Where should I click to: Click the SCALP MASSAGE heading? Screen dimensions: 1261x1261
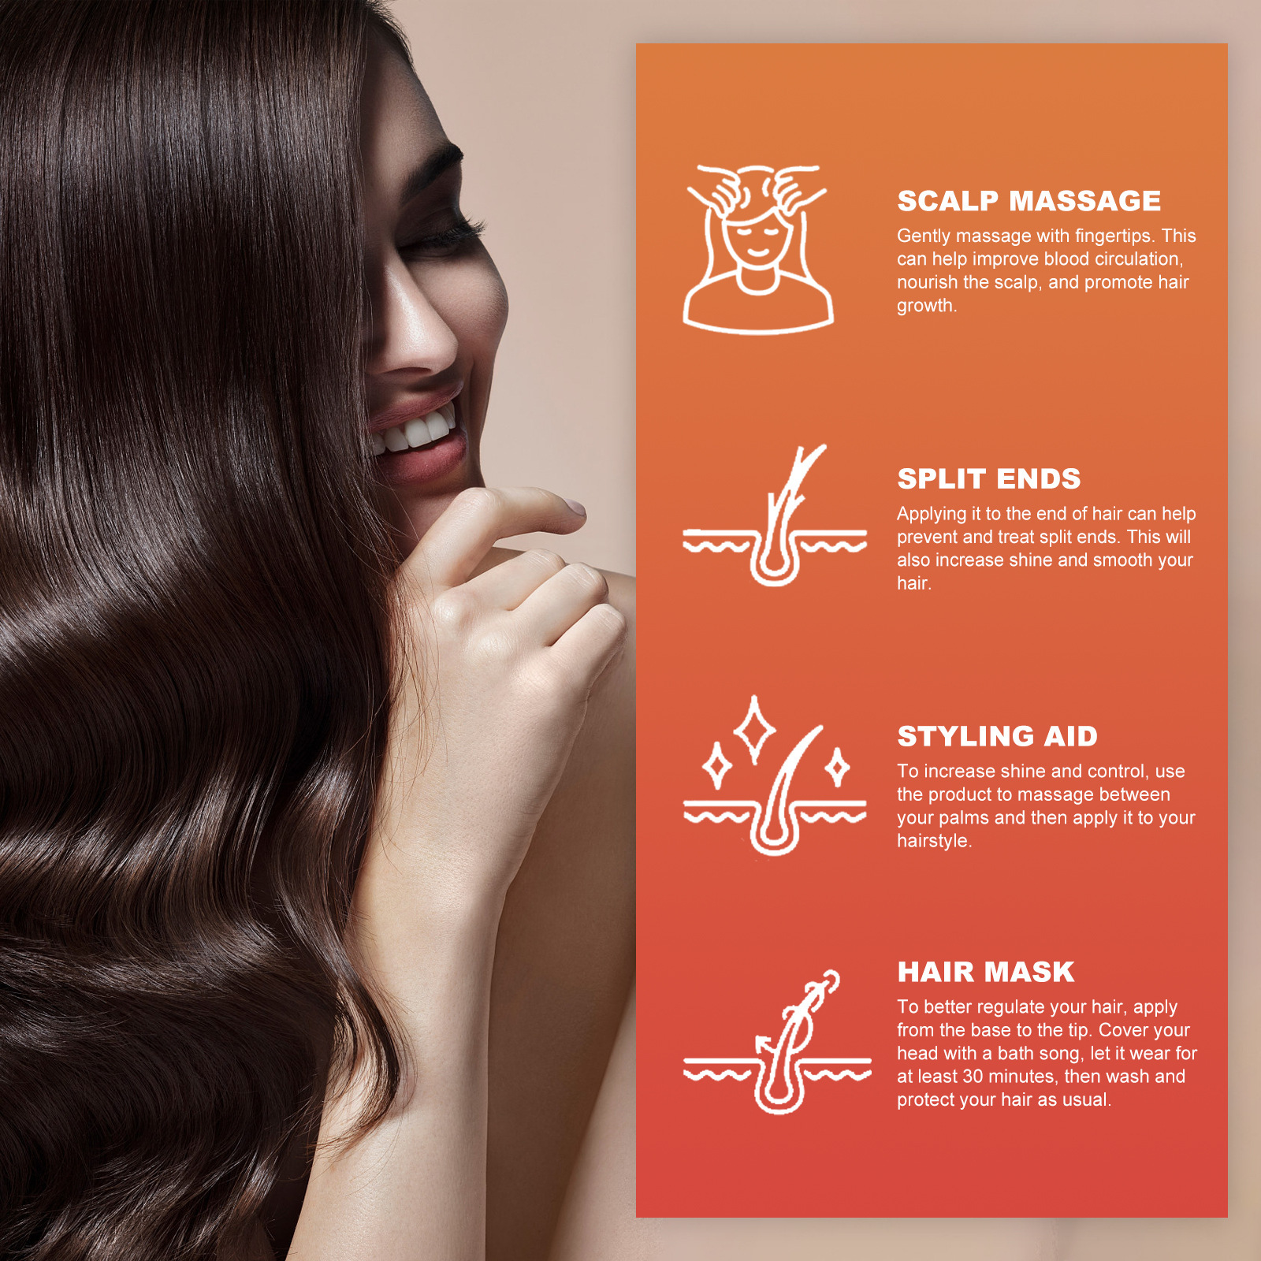tap(1029, 201)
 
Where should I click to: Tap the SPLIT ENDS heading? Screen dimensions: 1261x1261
tap(988, 479)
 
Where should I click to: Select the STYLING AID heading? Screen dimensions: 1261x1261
tap(997, 737)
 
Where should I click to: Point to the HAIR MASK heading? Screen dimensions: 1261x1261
tap(985, 973)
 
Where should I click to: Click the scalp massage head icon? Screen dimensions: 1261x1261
tap(757, 249)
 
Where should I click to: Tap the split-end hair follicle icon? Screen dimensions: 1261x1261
tap(775, 517)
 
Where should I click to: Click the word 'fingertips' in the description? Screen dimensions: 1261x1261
tap(1111, 236)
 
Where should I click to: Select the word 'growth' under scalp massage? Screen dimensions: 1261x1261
tap(924, 306)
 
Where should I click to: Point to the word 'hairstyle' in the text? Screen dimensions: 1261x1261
tap(932, 841)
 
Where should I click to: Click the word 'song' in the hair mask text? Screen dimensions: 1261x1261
tap(1058, 1054)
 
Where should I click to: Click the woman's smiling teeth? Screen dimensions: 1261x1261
tap(418, 430)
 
